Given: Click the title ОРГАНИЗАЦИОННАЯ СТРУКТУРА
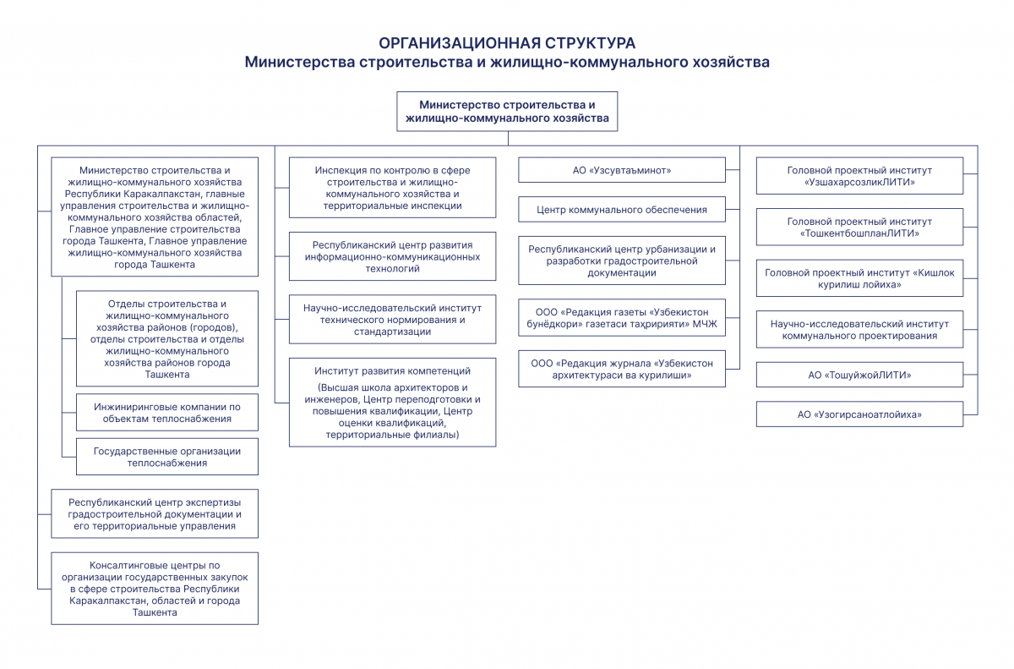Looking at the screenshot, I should pyautogui.click(x=507, y=43).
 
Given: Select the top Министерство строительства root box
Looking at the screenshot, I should pyautogui.click(x=507, y=112).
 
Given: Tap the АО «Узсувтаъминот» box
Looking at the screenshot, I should pyautogui.click(x=622, y=171).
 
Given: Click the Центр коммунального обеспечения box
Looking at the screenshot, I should pyautogui.click(x=622, y=210).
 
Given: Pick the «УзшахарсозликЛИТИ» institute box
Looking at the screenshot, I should pyautogui.click(x=859, y=176).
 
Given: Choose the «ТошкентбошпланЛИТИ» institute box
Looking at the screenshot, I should pyautogui.click(x=859, y=227).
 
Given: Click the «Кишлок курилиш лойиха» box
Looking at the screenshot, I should pyautogui.click(x=859, y=278).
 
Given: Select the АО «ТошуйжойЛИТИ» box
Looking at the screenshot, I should pyautogui.click(x=859, y=375).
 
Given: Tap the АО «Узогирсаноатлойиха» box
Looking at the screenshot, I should pyautogui.click(x=859, y=414).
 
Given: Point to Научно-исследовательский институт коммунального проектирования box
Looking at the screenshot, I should pyautogui.click(x=859, y=329).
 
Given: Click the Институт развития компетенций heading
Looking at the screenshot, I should pyautogui.click(x=392, y=371).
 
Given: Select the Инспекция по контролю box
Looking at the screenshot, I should pyautogui.click(x=392, y=188).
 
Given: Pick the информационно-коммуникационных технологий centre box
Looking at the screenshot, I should pyautogui.click(x=392, y=256).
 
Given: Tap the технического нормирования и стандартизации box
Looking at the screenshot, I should pyautogui.click(x=392, y=320).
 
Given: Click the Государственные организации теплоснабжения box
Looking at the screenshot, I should pyautogui.click(x=167, y=457).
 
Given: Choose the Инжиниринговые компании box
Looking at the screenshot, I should pyautogui.click(x=167, y=413).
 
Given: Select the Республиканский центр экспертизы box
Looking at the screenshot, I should pyautogui.click(x=155, y=513).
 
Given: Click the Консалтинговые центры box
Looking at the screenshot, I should pyautogui.click(x=155, y=589).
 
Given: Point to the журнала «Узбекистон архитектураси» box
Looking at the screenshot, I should pyautogui.click(x=622, y=370).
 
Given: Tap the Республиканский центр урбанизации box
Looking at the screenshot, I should pyautogui.click(x=622, y=260).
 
